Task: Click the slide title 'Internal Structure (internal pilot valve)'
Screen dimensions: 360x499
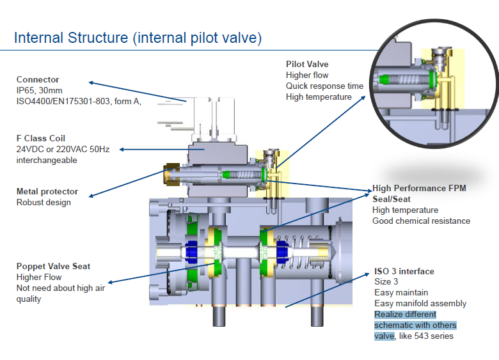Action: (138, 38)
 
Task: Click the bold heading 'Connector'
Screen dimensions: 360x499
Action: (38, 80)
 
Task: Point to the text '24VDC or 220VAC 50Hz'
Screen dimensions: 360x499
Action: (63, 149)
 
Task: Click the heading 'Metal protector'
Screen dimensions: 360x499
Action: (47, 192)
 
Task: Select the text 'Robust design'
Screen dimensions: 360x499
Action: (44, 203)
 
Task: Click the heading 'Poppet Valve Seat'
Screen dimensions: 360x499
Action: (53, 267)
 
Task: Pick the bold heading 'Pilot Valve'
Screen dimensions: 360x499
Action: (307, 65)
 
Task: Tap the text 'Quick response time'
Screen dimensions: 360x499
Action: (324, 86)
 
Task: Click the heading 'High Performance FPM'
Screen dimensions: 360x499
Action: (419, 189)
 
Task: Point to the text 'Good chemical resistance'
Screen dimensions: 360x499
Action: (421, 221)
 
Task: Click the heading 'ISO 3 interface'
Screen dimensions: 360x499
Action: (404, 272)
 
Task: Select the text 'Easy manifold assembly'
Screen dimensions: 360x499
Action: (420, 304)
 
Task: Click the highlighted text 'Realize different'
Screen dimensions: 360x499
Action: (405, 315)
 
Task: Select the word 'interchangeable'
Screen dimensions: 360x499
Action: (47, 160)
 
